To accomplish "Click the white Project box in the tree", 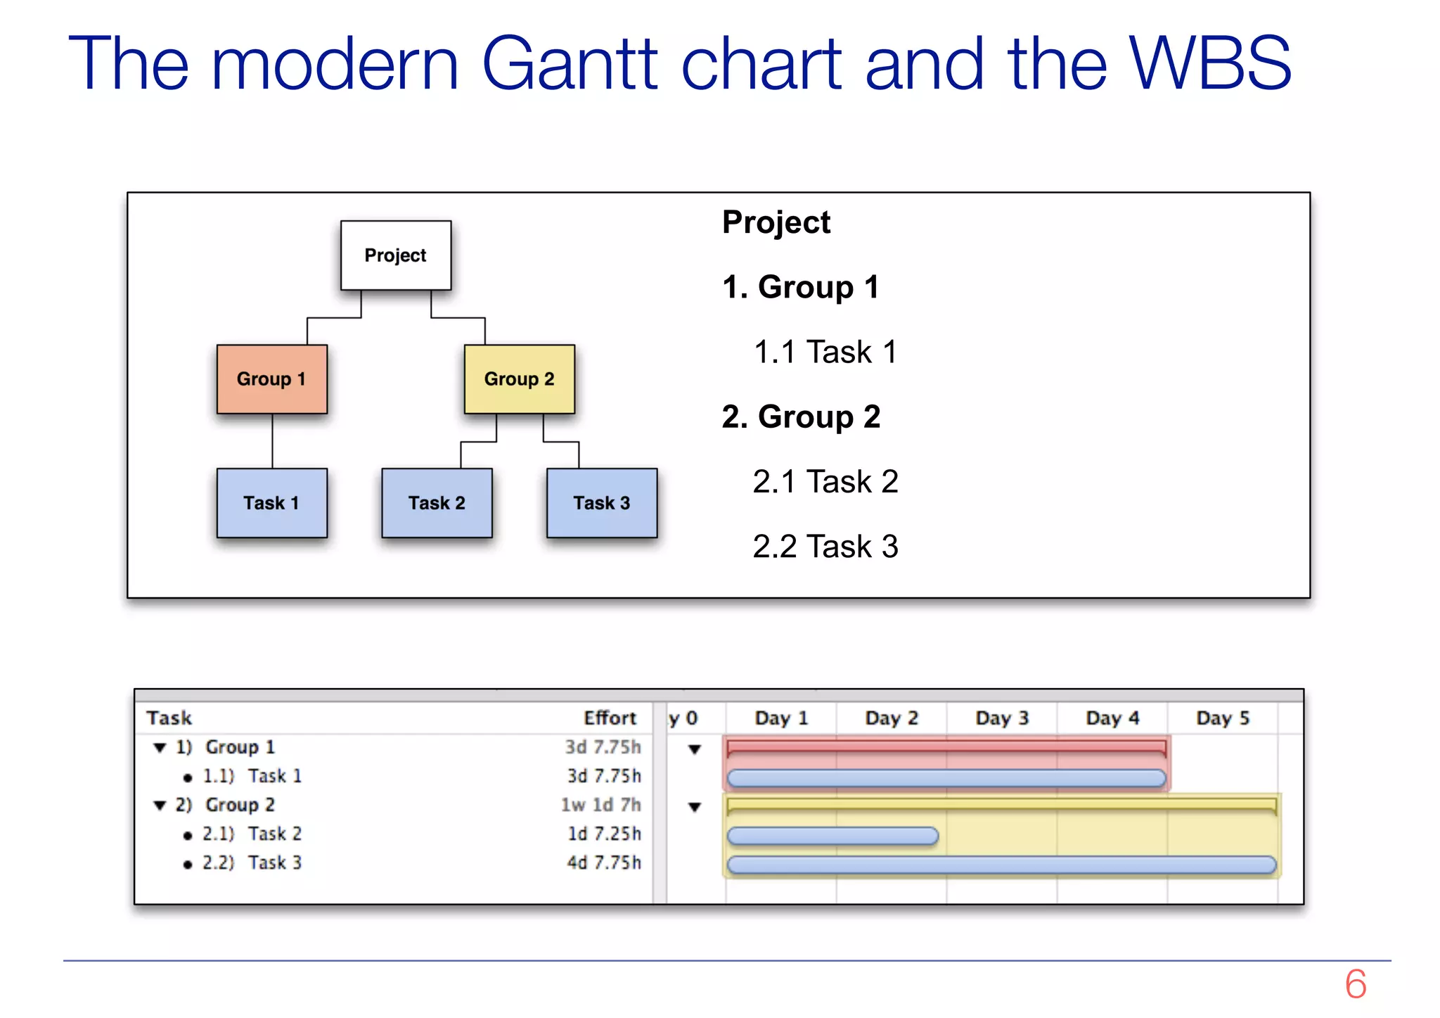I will click(395, 255).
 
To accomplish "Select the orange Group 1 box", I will click(271, 379).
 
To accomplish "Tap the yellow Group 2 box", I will click(519, 379).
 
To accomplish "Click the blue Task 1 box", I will click(271, 503).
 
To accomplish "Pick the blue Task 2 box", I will click(437, 503).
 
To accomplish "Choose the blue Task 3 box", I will click(602, 503).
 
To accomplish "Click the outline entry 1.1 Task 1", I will click(825, 352).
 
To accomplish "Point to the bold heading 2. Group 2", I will click(801, 416).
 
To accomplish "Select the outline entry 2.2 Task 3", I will click(825, 547).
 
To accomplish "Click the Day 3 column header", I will click(1002, 718).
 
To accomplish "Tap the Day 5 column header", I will click(1223, 718).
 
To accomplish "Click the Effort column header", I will click(610, 718).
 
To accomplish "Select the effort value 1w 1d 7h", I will click(600, 805).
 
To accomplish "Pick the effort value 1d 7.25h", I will click(604, 834).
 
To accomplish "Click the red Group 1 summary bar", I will click(946, 746).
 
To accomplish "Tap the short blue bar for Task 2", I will click(832, 836).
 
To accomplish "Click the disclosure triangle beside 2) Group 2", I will click(160, 806).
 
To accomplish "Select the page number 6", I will click(1355, 984).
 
